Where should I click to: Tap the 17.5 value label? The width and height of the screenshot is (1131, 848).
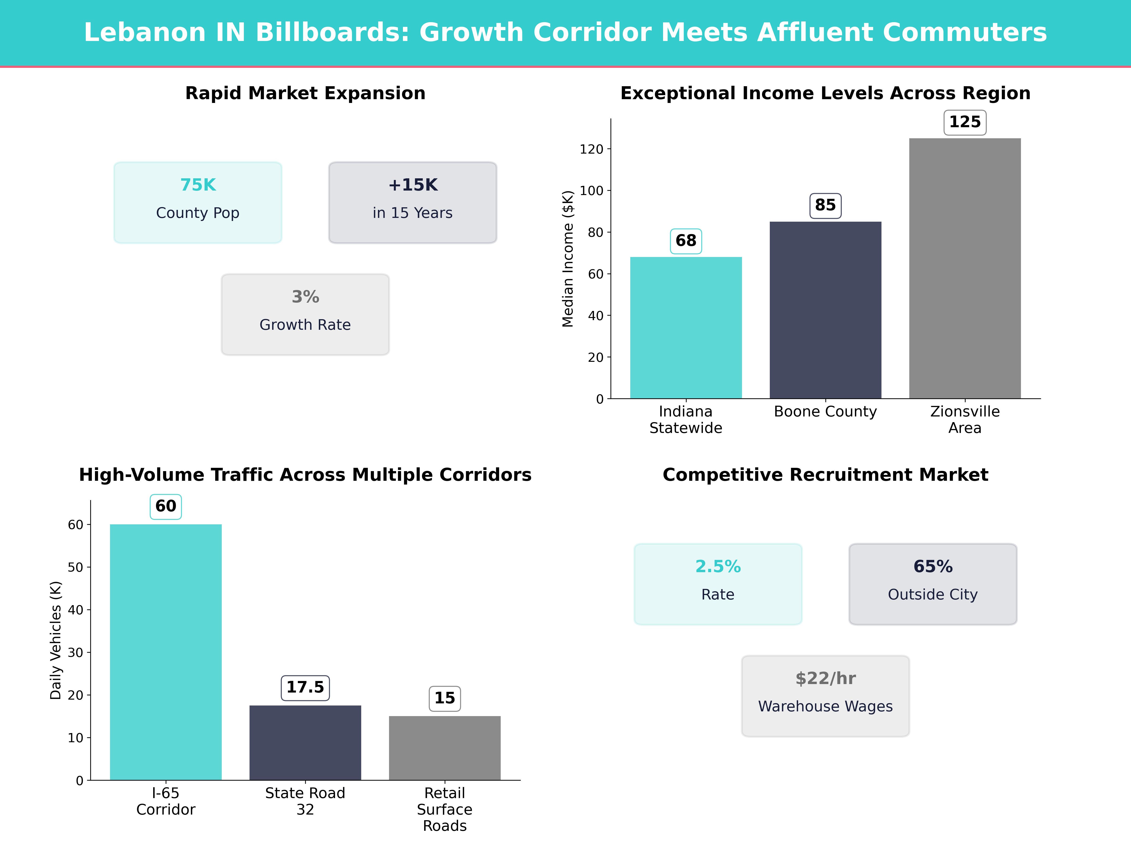click(305, 688)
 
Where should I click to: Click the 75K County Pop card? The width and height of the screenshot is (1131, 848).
click(198, 202)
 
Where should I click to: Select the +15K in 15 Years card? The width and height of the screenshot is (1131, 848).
click(413, 202)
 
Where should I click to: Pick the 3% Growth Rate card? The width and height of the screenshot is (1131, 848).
click(305, 314)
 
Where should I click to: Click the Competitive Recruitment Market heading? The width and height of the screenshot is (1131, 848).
click(825, 475)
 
